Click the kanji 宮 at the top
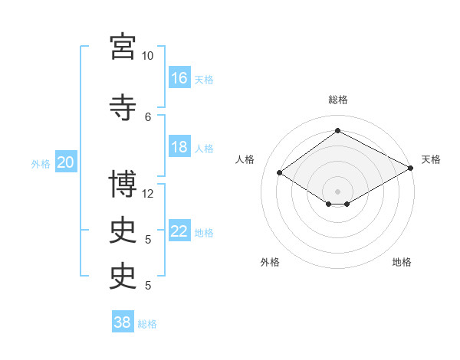pos(123,47)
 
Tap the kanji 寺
pos(123,107)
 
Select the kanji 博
pos(123,184)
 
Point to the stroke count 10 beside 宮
pos(147,56)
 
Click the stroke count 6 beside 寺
pos(148,117)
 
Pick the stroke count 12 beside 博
pos(147,194)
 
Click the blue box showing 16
pos(179,77)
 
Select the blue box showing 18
pos(179,146)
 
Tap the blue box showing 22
pos(179,230)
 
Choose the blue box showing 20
pos(66,162)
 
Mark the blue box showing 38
pos(123,321)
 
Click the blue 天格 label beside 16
pos(204,80)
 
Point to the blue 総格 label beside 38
pos(147,324)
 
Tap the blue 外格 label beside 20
pos(41,164)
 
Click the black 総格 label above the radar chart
pos(338,100)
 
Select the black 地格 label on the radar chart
pos(402,262)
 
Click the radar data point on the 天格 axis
pos(410,168)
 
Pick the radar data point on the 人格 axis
pos(279,172)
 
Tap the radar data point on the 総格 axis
pos(337,130)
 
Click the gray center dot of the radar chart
pos(337,191)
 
